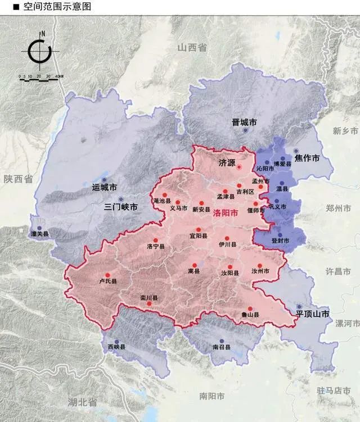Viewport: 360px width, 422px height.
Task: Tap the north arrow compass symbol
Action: [39, 52]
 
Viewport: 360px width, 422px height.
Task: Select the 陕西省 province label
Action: [18, 179]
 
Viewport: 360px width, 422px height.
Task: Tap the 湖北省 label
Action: [82, 402]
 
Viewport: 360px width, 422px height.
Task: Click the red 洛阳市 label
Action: [226, 213]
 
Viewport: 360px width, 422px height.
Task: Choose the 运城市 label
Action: [104, 187]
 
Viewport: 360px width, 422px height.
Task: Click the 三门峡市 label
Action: [121, 207]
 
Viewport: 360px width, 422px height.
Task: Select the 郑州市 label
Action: [338, 208]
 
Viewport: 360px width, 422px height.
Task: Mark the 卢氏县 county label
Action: [107, 282]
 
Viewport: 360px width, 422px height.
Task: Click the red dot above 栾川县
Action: [149, 304]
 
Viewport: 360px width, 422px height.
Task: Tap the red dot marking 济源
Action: [238, 167]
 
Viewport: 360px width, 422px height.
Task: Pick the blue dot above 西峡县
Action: [116, 342]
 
